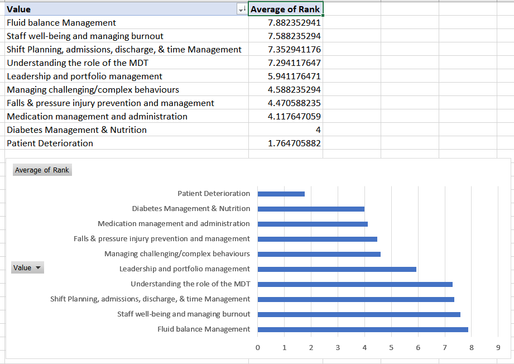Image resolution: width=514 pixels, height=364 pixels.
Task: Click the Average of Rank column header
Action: (x=286, y=9)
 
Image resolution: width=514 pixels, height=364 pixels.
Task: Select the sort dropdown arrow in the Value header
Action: (x=242, y=9)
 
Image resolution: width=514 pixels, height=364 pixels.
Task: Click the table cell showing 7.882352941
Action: (x=286, y=23)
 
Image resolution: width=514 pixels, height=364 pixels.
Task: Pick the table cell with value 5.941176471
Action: (x=286, y=76)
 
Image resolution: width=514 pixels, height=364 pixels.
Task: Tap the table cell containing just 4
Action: (x=286, y=130)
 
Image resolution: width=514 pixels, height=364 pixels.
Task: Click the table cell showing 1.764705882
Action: (x=286, y=143)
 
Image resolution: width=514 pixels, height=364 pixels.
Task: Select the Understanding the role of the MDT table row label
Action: (x=78, y=63)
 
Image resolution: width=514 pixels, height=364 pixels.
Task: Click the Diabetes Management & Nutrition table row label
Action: (x=76, y=130)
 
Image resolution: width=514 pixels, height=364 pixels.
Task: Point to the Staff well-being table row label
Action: (x=85, y=36)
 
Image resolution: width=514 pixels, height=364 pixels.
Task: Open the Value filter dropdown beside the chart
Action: (x=27, y=267)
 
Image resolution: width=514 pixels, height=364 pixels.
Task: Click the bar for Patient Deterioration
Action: (x=281, y=194)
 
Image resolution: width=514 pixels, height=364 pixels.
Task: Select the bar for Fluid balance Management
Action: (x=363, y=329)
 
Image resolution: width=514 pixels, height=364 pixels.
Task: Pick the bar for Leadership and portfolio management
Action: (x=337, y=269)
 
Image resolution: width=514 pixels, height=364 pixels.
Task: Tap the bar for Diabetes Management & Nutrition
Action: (x=311, y=209)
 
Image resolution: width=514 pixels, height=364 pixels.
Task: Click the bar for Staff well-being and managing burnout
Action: (x=359, y=314)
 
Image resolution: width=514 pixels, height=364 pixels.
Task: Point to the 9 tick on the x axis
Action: (x=498, y=348)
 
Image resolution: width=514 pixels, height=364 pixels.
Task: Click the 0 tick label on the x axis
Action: (x=258, y=348)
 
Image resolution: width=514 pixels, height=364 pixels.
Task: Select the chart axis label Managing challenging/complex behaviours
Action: (x=177, y=254)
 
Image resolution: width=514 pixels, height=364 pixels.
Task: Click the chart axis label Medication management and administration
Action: (x=174, y=224)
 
